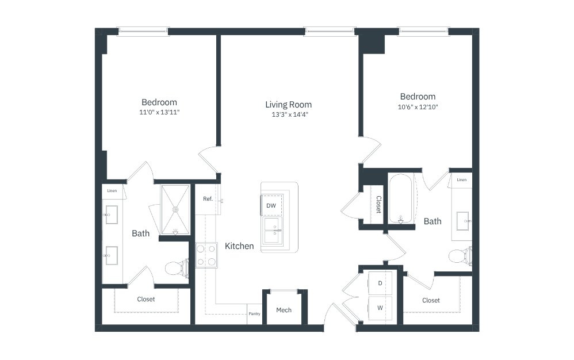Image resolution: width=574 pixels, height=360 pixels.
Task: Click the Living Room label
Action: click(x=289, y=105)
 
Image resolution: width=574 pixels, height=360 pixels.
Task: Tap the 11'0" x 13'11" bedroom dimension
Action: click(x=159, y=112)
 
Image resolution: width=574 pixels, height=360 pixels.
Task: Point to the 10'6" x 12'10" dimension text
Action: click(x=418, y=107)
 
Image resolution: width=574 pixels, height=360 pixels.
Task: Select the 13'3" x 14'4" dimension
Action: click(x=289, y=114)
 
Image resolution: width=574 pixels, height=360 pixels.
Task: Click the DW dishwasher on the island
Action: click(x=271, y=206)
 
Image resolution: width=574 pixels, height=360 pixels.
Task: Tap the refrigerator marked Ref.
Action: click(x=208, y=200)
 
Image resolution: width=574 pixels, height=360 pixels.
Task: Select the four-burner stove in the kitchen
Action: click(x=206, y=255)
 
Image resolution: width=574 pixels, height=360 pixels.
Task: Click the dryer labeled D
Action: click(x=380, y=283)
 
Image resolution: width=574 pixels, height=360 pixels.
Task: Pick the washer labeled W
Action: click(x=380, y=308)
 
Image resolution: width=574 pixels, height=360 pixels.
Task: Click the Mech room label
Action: click(x=284, y=310)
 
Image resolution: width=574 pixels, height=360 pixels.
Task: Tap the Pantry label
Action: click(x=254, y=314)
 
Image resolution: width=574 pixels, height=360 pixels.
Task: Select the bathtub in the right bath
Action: click(x=401, y=198)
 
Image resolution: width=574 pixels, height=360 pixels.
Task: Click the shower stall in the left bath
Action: click(x=175, y=210)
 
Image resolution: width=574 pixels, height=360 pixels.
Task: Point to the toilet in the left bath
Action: click(x=177, y=268)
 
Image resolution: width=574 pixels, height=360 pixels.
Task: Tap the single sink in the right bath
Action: click(x=464, y=221)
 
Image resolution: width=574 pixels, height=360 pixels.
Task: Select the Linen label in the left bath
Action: click(x=112, y=190)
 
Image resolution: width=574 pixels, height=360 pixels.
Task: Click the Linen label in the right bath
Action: click(x=462, y=179)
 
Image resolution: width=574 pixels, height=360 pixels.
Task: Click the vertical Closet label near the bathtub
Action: click(x=379, y=205)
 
